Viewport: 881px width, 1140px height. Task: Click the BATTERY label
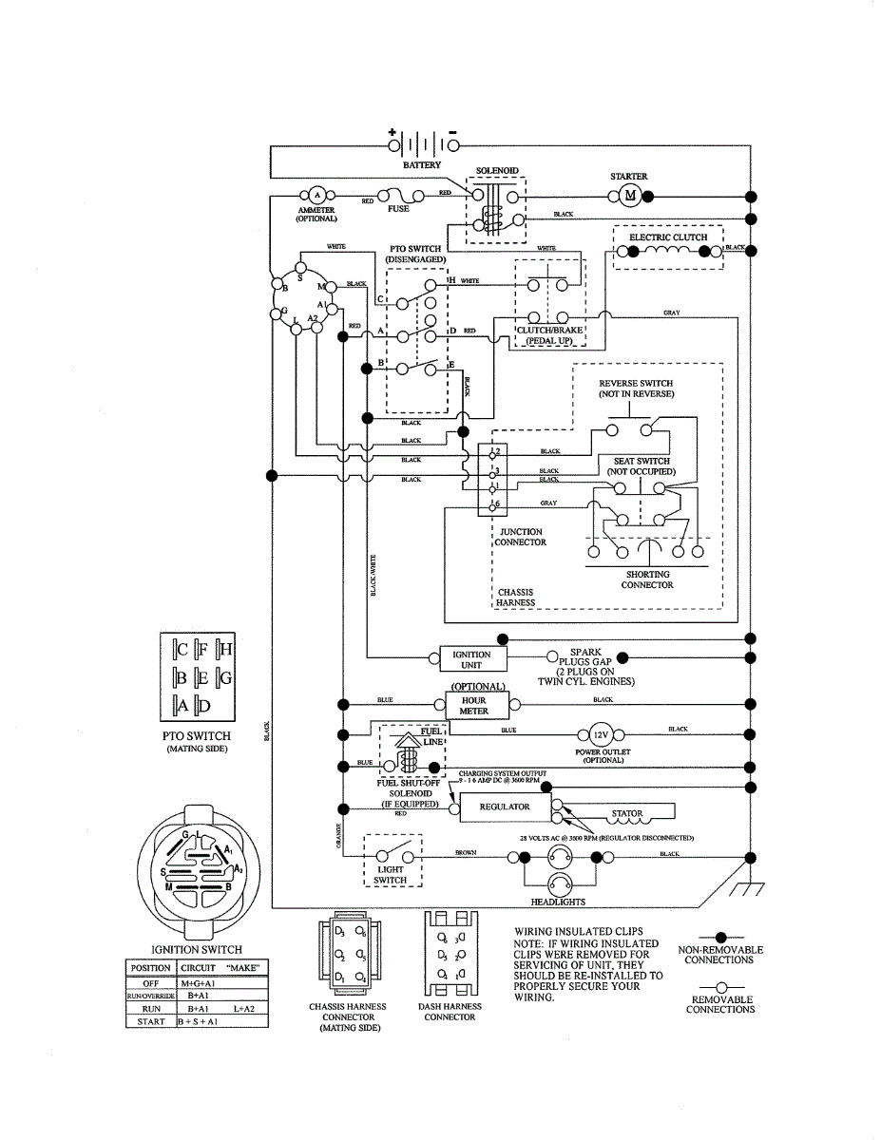click(x=422, y=165)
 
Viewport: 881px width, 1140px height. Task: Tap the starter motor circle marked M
click(x=630, y=197)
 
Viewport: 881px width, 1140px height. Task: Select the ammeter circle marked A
click(x=316, y=195)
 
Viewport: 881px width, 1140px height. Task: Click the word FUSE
click(x=398, y=209)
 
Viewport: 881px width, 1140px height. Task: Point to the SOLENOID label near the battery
click(x=497, y=171)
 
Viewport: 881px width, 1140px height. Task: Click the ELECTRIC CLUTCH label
click(x=668, y=237)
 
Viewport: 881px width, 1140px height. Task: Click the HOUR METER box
click(x=473, y=705)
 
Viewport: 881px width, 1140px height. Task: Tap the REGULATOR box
click(x=504, y=807)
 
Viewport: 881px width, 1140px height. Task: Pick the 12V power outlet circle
click(x=600, y=735)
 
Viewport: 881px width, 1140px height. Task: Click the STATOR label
click(x=627, y=814)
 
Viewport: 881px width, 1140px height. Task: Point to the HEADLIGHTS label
click(x=558, y=902)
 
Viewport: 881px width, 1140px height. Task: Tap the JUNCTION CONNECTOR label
click(x=521, y=537)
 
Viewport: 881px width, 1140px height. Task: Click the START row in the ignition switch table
click(x=198, y=1020)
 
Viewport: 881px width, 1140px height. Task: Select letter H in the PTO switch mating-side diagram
click(x=225, y=651)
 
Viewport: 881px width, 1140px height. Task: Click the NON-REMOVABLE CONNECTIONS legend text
click(x=720, y=955)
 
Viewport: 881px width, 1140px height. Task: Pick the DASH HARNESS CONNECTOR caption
click(x=450, y=1012)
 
